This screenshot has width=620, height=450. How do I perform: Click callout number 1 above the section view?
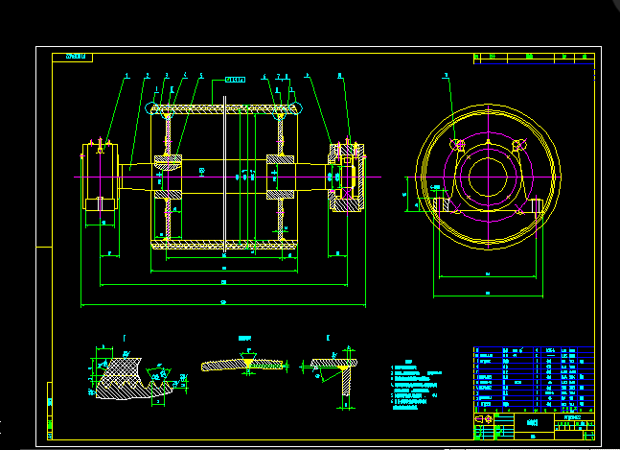pyautogui.click(x=126, y=75)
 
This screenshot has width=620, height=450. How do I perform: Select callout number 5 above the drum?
pyautogui.click(x=200, y=75)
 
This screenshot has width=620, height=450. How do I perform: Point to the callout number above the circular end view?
pyautogui.click(x=446, y=75)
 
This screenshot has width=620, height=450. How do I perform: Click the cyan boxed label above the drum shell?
pyautogui.click(x=236, y=79)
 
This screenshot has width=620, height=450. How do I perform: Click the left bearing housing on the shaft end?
pyautogui.click(x=99, y=177)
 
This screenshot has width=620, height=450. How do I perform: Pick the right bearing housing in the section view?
pyautogui.click(x=344, y=177)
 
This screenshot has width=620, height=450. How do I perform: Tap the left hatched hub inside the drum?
pyautogui.click(x=169, y=177)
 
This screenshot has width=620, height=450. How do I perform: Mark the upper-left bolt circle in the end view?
pyautogui.click(x=459, y=145)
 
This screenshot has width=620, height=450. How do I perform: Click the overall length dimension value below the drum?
pyautogui.click(x=223, y=303)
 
